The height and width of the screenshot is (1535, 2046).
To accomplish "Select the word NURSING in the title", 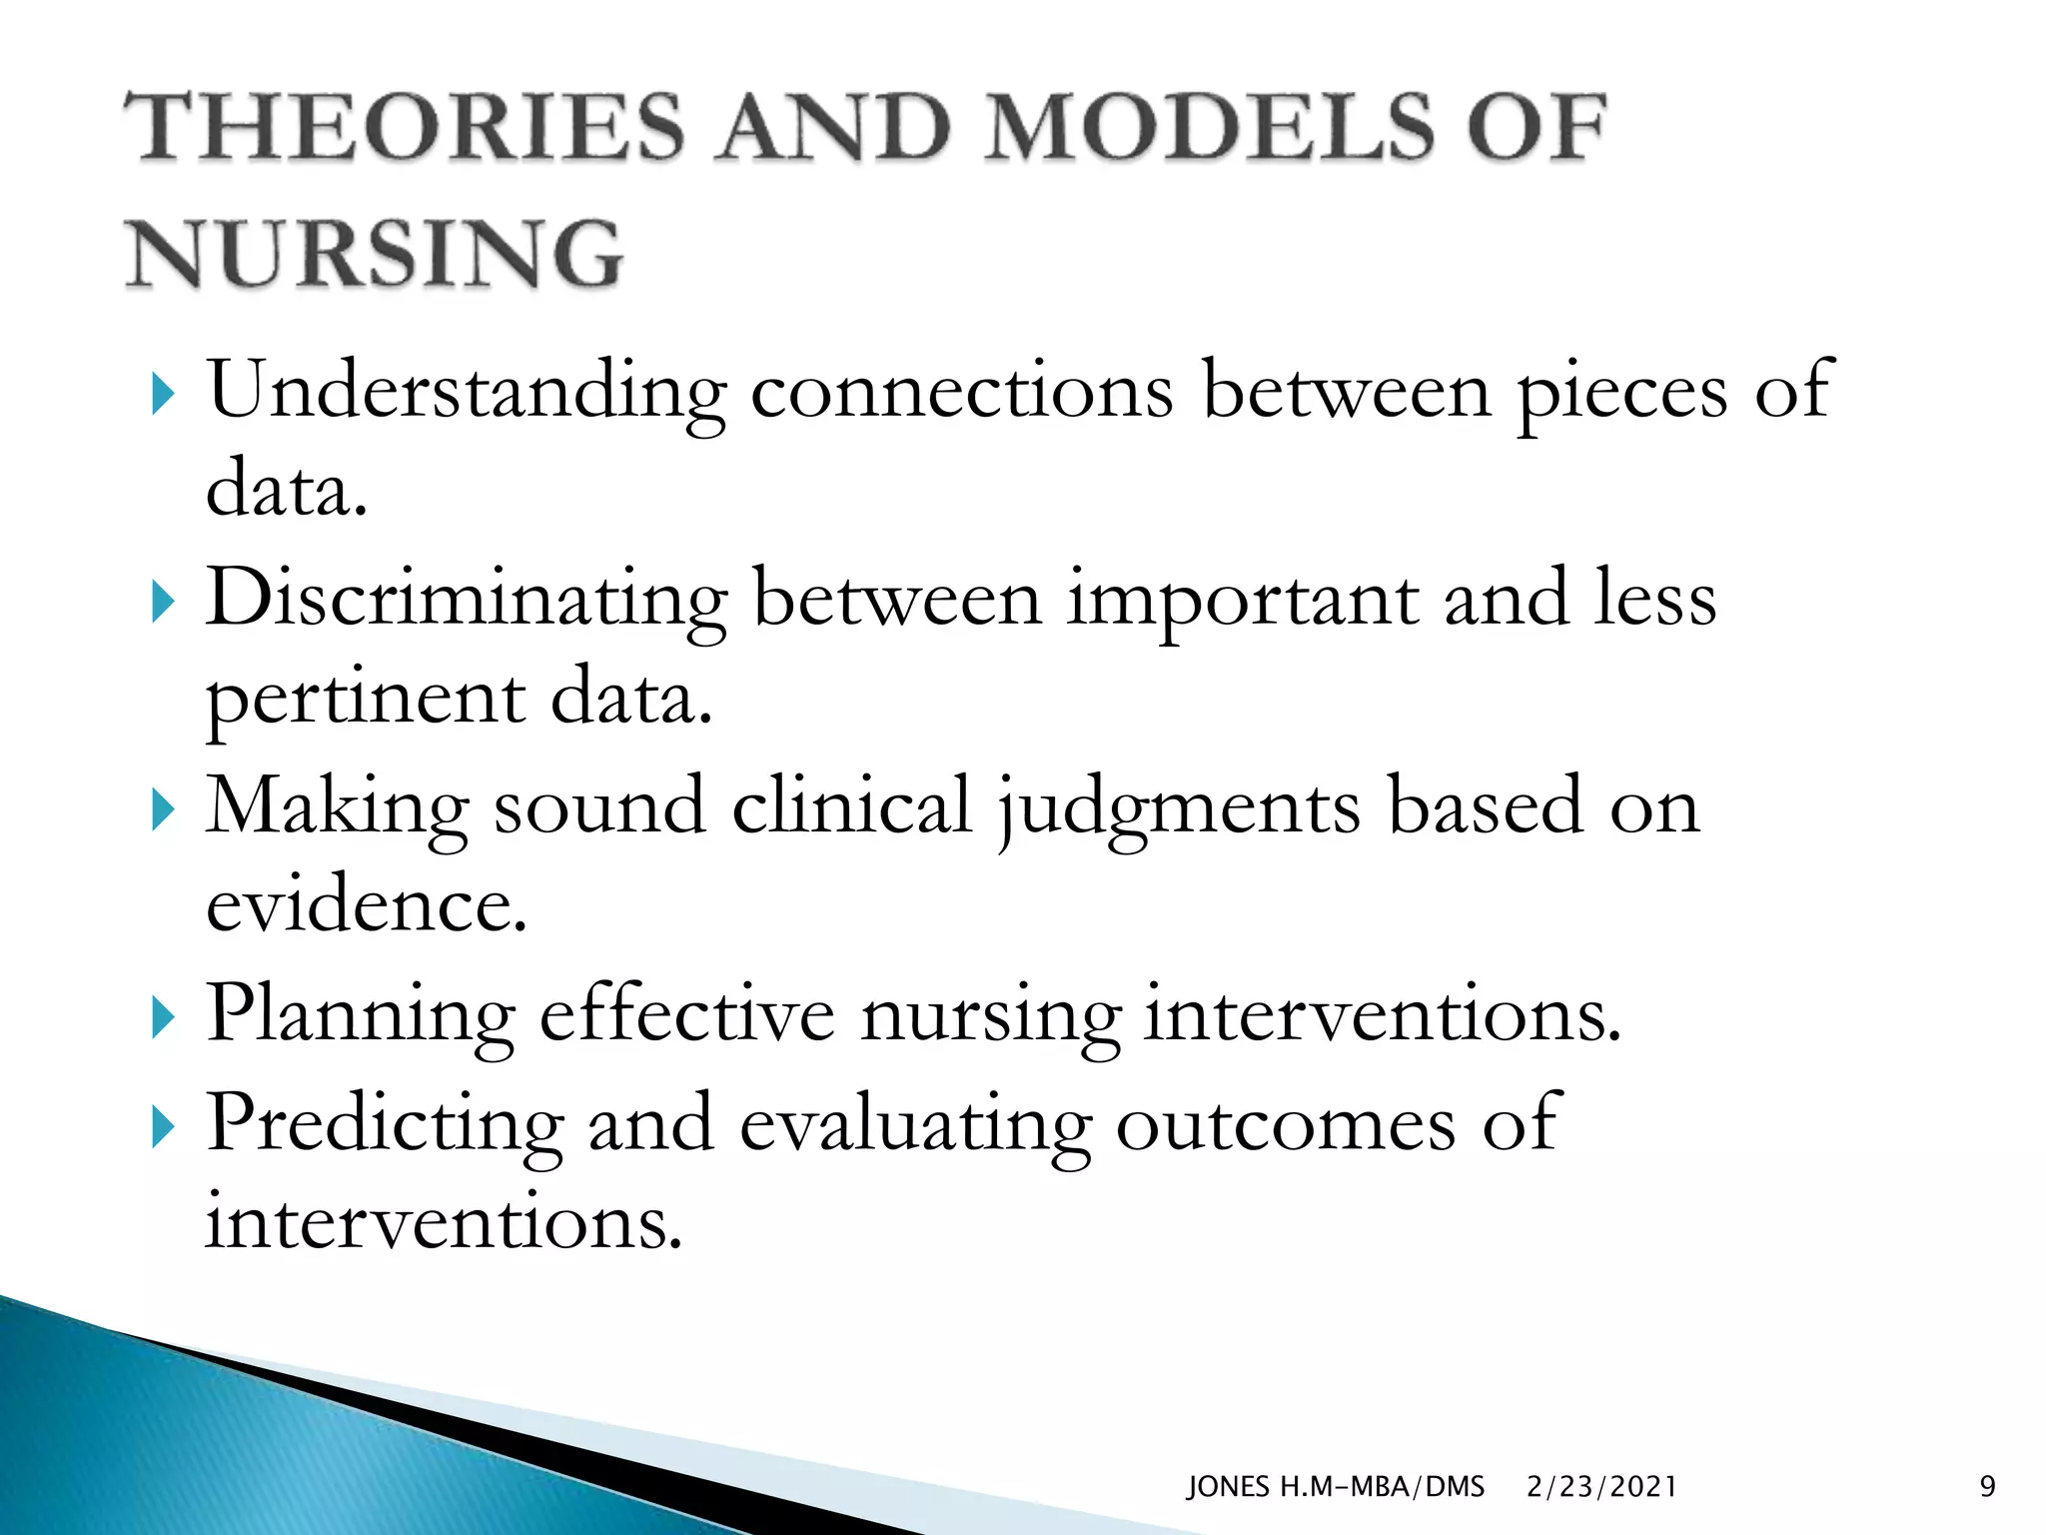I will click(375, 254).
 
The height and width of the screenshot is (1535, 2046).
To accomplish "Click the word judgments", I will click(1179, 807).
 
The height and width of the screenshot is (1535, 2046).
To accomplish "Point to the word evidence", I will click(366, 905).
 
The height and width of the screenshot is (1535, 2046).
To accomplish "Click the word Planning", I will click(361, 1015).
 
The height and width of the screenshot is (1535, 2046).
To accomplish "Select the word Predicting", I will click(385, 1124).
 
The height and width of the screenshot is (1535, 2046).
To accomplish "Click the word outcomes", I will click(1285, 1124).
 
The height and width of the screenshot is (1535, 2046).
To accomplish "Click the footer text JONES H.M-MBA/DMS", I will click(1335, 1487).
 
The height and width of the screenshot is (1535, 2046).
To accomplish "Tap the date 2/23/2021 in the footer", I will click(1601, 1487).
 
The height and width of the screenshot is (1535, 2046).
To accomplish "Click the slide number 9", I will click(1987, 1487).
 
